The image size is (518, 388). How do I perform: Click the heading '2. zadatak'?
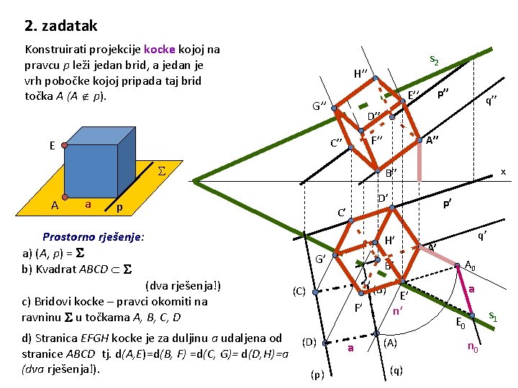point(60,27)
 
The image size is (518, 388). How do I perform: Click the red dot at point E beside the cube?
point(65,145)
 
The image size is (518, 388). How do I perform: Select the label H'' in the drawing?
point(361,74)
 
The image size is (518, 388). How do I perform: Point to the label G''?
point(319,106)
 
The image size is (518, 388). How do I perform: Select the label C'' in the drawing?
point(336,142)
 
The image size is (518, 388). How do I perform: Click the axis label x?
point(503,172)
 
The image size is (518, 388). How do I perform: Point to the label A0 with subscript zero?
point(470,264)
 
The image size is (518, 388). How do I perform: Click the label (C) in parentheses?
point(299,291)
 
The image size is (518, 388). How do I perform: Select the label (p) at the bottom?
point(317,374)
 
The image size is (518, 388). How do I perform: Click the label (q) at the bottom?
point(396,370)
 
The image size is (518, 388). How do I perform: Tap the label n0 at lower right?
point(473,348)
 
